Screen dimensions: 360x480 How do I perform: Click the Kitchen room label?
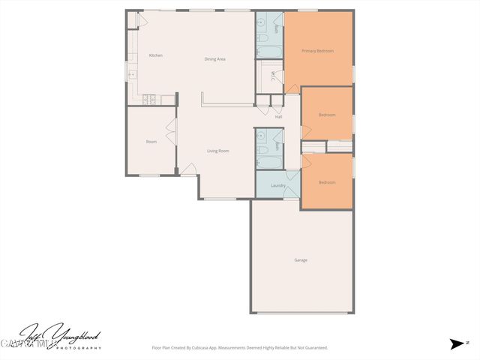click(156, 55)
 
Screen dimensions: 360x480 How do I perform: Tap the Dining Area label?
click(215, 59)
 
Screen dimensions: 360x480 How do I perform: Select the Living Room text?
click(218, 151)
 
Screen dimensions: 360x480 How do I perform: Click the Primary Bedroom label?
click(317, 51)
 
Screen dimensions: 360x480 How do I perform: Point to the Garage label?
click(301, 260)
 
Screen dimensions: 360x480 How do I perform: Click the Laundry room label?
click(268, 185)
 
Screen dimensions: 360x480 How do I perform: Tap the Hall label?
click(278, 116)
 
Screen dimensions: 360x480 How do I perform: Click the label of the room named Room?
click(151, 141)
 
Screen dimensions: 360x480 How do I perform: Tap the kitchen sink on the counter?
click(131, 74)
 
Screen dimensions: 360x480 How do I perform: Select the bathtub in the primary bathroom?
click(268, 52)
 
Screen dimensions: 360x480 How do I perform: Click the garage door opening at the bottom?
click(301, 313)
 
